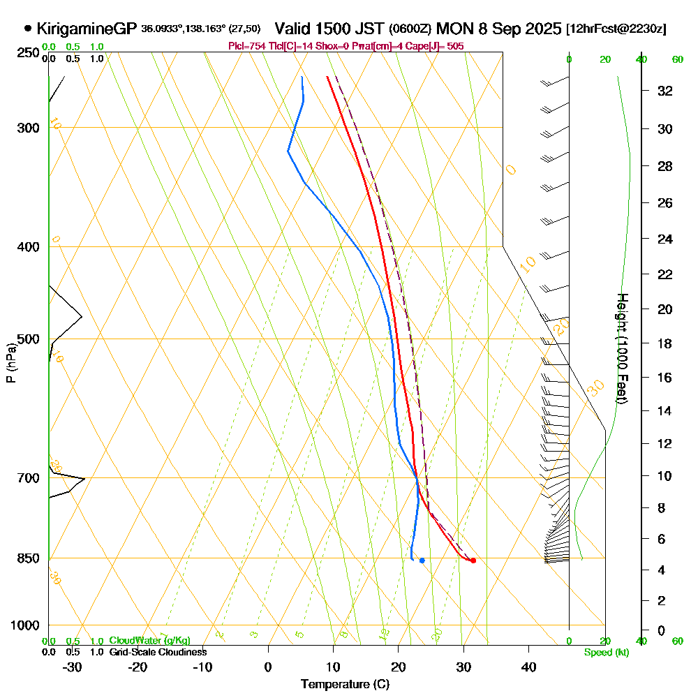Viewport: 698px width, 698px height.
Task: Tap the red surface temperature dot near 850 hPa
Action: pos(473,560)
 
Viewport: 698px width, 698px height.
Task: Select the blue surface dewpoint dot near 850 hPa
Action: pos(422,560)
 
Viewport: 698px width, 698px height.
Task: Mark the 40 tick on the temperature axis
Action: pos(529,667)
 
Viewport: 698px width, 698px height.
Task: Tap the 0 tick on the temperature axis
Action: pos(268,667)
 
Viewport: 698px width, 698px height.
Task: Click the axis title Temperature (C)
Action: pos(345,684)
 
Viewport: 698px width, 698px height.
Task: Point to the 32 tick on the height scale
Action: pos(665,91)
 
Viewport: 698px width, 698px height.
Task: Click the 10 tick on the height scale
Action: pos(665,476)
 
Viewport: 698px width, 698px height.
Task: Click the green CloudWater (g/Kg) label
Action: pos(149,641)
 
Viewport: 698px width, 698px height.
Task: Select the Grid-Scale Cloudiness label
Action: pos(157,652)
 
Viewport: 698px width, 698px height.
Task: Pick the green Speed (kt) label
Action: pos(605,652)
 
